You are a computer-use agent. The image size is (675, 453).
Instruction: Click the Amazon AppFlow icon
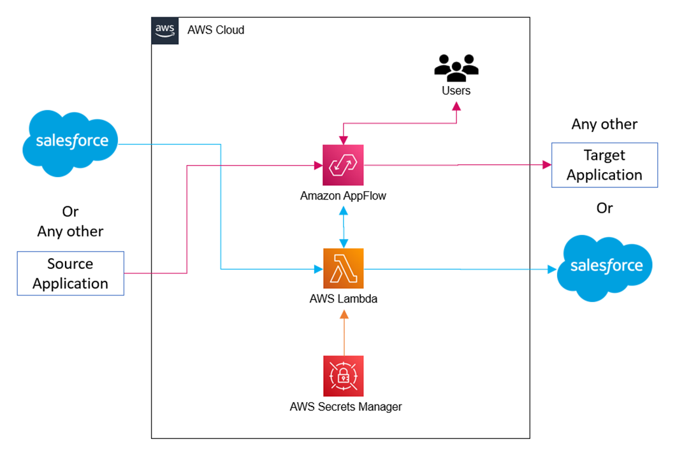[x=343, y=165]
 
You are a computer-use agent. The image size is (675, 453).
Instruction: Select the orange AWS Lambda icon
[x=343, y=269]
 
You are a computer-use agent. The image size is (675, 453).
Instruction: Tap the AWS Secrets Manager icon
[x=343, y=376]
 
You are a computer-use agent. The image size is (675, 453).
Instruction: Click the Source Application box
[x=70, y=273]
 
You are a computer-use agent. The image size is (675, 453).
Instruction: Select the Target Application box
[x=604, y=165]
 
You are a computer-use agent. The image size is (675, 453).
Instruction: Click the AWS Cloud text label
[x=215, y=31]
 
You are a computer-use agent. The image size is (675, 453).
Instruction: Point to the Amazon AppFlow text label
[x=343, y=196]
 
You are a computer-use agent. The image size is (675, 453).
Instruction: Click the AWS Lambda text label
[x=343, y=299]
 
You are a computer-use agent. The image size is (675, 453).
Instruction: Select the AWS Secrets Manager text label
[x=345, y=406]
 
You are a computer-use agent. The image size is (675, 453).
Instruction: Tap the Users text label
[x=456, y=91]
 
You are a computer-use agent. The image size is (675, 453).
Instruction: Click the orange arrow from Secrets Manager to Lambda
[x=344, y=333]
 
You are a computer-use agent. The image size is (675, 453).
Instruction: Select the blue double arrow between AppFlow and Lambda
[x=344, y=226]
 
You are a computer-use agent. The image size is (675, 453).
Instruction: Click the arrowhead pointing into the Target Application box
[x=546, y=165]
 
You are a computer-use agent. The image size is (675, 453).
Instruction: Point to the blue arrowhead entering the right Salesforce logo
[x=551, y=270]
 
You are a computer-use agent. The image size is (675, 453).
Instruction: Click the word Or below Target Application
[x=604, y=208]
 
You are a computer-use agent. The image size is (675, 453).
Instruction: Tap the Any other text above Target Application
[x=604, y=124]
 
